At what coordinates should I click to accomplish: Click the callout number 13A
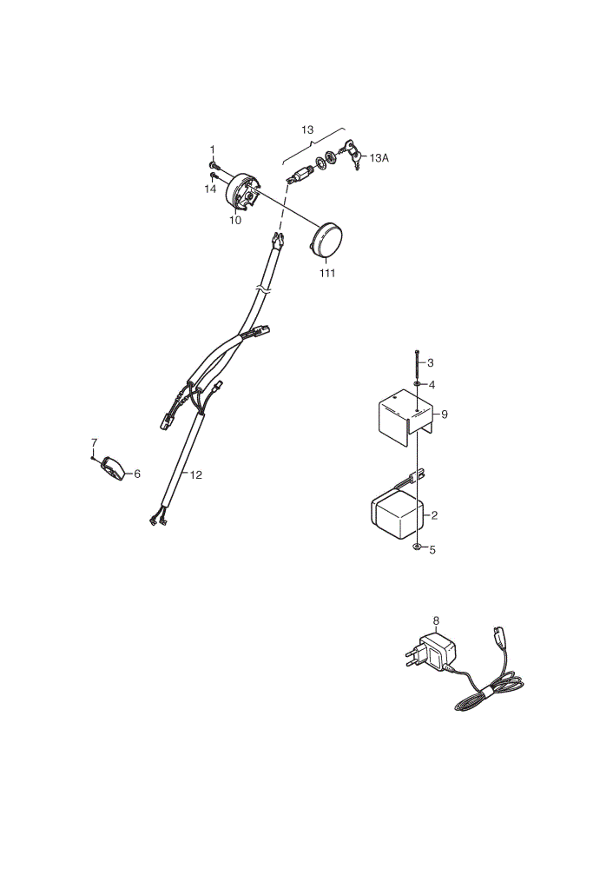(379, 158)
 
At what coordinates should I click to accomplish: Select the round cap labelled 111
(326, 241)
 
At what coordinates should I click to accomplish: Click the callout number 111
(327, 273)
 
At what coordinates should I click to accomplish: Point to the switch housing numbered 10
(242, 192)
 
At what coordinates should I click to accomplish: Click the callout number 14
(210, 189)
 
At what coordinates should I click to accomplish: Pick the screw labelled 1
(214, 165)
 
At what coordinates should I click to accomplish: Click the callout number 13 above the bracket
(307, 129)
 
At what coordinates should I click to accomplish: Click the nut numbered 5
(416, 547)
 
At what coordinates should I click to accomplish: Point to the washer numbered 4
(417, 383)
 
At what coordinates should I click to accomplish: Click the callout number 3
(431, 363)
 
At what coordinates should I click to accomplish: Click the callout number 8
(436, 620)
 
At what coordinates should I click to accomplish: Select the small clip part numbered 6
(112, 468)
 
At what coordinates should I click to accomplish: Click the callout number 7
(94, 442)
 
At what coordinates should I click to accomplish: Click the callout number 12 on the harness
(196, 475)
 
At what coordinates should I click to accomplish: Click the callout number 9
(444, 414)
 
